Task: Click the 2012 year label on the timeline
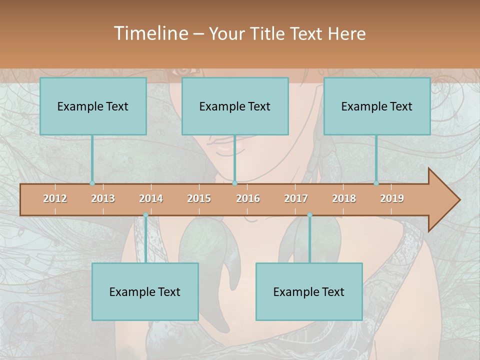click(x=55, y=198)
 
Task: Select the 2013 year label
click(x=103, y=198)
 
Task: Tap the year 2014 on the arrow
click(x=151, y=198)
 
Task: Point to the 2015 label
click(x=199, y=198)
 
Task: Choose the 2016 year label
click(x=248, y=198)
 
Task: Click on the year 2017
click(x=296, y=198)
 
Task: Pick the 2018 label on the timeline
click(x=344, y=198)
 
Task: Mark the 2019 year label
click(x=392, y=198)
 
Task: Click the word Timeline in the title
click(x=150, y=33)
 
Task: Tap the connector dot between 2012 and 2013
click(x=92, y=183)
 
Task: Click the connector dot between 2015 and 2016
click(x=234, y=183)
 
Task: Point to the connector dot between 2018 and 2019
click(x=376, y=183)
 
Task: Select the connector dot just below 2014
click(x=145, y=215)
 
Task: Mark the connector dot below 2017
click(x=309, y=215)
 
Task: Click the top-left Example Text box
click(x=93, y=106)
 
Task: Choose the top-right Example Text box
click(x=377, y=106)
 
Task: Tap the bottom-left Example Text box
click(x=145, y=291)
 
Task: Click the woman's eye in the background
click(x=183, y=71)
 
